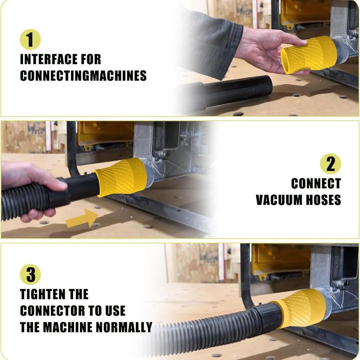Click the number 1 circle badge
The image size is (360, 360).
click(x=30, y=40)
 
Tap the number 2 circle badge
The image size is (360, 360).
click(x=330, y=164)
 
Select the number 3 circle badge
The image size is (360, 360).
click(x=30, y=275)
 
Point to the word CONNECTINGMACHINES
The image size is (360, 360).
click(x=84, y=76)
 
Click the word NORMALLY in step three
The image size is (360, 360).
click(x=124, y=327)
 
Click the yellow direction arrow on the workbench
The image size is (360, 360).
click(x=82, y=218)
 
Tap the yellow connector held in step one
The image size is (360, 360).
click(x=309, y=55)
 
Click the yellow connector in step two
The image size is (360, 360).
click(x=121, y=177)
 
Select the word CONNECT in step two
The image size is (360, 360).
click(x=316, y=184)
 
